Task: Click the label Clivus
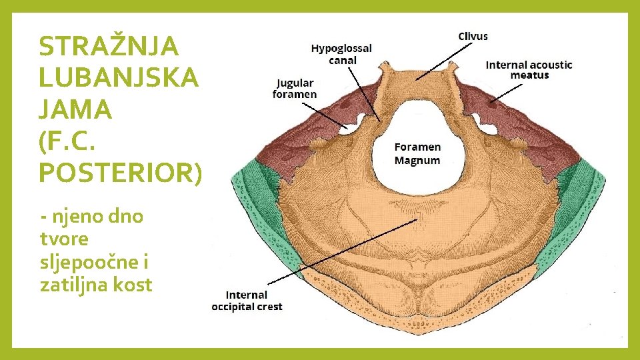click(473, 36)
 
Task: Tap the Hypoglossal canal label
click(342, 54)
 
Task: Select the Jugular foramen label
click(295, 89)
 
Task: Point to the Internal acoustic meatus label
click(529, 69)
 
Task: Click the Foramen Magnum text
click(417, 153)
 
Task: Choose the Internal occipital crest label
click(247, 301)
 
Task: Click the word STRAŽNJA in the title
click(109, 47)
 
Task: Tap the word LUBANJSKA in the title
click(119, 78)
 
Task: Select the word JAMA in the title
click(75, 109)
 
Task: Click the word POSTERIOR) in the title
click(119, 172)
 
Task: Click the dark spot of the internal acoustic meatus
click(491, 103)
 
